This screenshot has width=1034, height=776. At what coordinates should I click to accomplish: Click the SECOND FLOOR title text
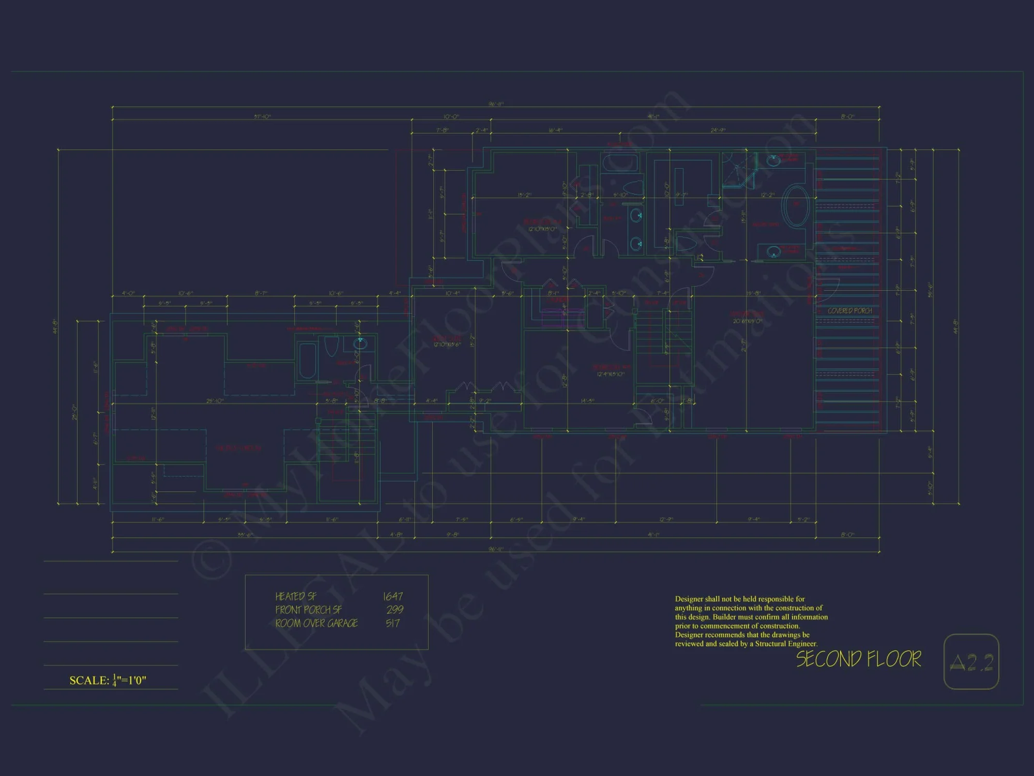[x=858, y=659]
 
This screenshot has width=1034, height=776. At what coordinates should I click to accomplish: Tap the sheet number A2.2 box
[x=971, y=662]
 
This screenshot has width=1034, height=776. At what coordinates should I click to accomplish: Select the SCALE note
[x=108, y=680]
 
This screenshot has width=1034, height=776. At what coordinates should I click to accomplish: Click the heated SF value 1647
[x=393, y=596]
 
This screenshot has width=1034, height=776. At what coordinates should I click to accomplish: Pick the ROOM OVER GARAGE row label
[x=316, y=623]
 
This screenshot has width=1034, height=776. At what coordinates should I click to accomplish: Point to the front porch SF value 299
[x=395, y=610]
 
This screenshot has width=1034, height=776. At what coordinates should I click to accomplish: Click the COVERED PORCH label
[x=849, y=311]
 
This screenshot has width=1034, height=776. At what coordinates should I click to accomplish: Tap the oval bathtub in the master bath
[x=796, y=205]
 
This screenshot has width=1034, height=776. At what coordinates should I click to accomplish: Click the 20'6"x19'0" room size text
[x=747, y=321]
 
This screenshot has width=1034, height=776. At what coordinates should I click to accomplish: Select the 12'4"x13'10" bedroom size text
[x=611, y=374]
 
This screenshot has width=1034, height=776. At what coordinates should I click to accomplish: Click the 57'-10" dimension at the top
[x=262, y=117]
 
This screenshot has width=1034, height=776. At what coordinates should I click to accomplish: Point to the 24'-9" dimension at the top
[x=718, y=130]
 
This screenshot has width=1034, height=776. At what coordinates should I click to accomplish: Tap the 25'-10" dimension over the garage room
[x=215, y=401]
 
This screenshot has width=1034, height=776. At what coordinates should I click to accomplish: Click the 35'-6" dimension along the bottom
[x=245, y=535]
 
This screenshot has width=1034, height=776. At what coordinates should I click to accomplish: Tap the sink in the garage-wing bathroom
[x=360, y=342]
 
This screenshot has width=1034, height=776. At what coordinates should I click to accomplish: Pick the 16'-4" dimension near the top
[x=555, y=130]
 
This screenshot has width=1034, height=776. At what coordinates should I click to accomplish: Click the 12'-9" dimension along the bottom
[x=666, y=519]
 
